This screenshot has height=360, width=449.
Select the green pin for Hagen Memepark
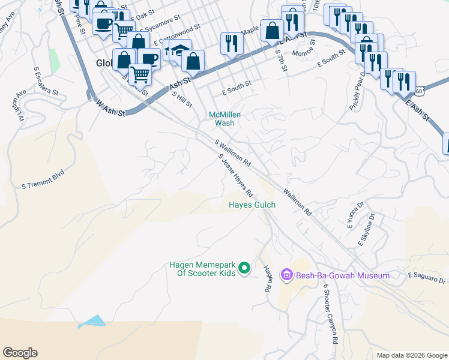pyautogui.click(x=244, y=268)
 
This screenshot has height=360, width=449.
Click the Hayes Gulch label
pyautogui.click(x=252, y=205)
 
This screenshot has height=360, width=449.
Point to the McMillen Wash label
pyautogui.click(x=221, y=119)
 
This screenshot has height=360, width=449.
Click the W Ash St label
pyautogui.click(x=110, y=108)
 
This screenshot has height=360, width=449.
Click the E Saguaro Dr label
pyautogui.click(x=427, y=277)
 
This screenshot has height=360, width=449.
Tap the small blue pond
pyautogui.click(x=92, y=322)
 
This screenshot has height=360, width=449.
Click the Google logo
pyautogui.click(x=20, y=353)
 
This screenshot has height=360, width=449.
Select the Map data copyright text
pyautogui.click(x=411, y=355)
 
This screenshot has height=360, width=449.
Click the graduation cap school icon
pyautogui.click(x=179, y=50)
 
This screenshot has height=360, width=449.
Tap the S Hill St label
pyautogui.click(x=182, y=99)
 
